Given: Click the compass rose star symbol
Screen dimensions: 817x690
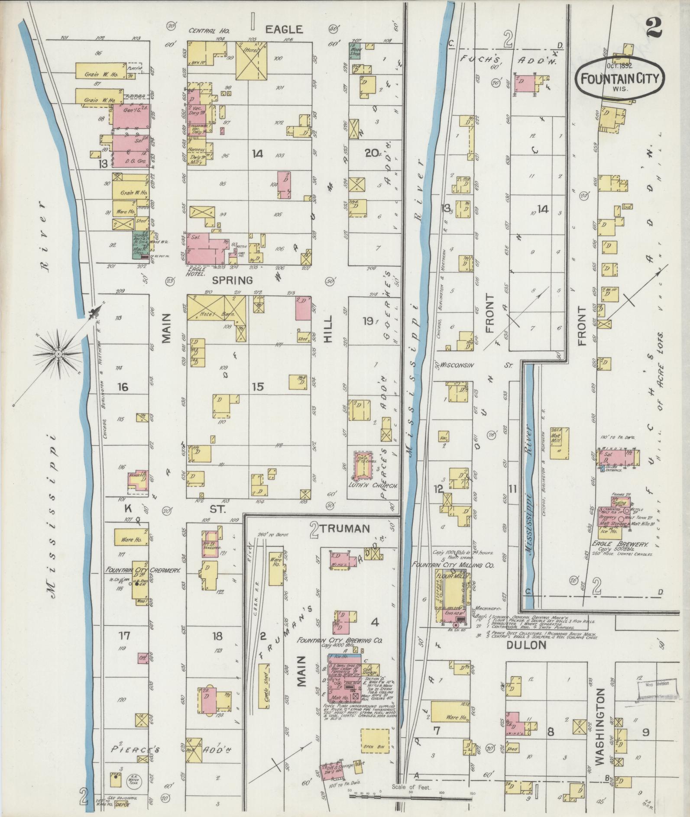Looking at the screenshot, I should click(x=58, y=354).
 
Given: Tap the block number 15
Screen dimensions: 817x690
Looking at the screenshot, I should click(x=258, y=387).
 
